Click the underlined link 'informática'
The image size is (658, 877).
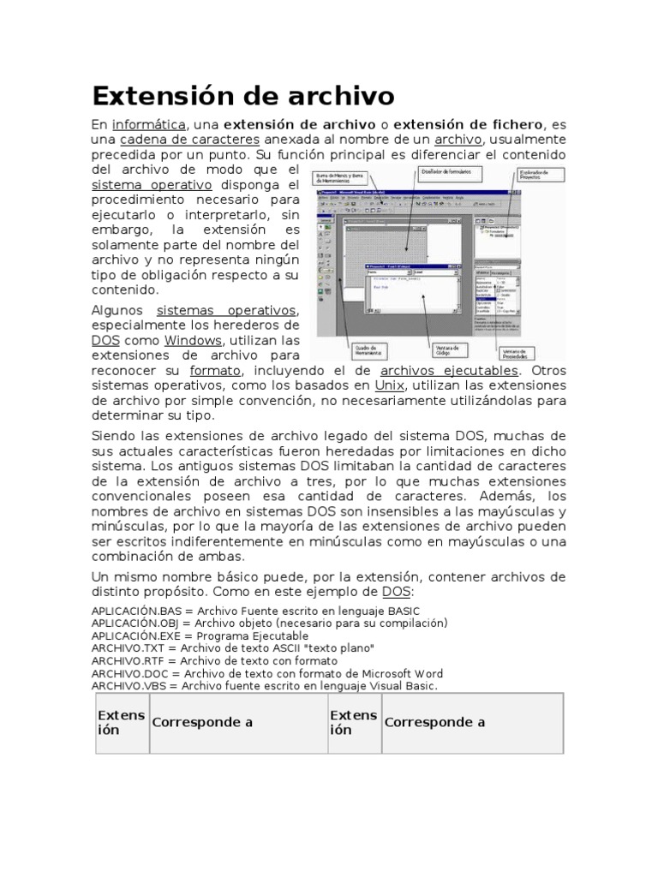click(x=149, y=125)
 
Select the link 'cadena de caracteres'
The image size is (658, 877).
click(x=189, y=140)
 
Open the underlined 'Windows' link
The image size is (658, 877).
click(x=193, y=340)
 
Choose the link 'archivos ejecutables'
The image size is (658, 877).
click(x=449, y=371)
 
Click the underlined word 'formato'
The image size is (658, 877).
click(x=216, y=371)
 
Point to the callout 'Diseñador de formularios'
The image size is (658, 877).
click(x=448, y=174)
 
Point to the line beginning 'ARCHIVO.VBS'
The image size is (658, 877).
click(x=264, y=686)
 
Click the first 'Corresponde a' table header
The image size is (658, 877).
click(x=202, y=722)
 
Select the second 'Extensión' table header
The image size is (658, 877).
click(x=353, y=722)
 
